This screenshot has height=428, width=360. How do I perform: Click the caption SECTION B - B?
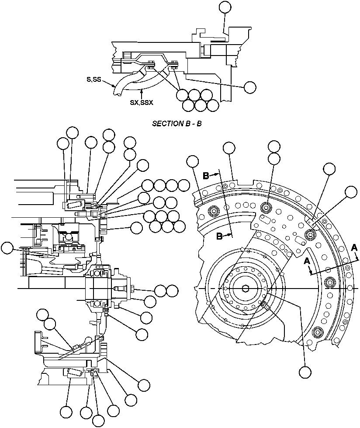tap(177, 124)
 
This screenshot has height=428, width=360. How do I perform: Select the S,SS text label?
tap(94, 80)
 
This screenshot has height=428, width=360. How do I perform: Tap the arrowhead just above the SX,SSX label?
tap(142, 91)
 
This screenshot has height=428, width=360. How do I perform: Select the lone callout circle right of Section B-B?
tap(250, 87)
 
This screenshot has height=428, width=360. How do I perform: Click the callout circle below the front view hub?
tap(305, 372)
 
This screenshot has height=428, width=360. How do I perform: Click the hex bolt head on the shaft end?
tap(132, 289)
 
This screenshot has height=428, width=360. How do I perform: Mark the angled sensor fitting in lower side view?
tap(77, 348)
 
